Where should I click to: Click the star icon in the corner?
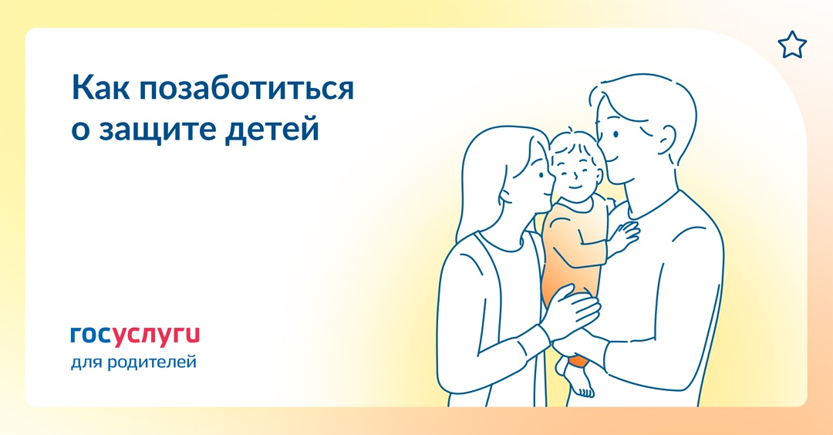click(791, 46)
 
